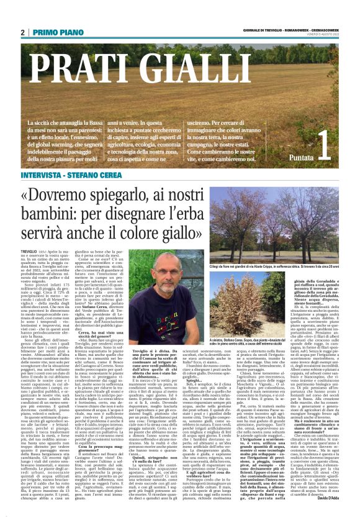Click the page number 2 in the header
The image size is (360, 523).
[23, 32]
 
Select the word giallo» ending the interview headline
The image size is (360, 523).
[194, 221]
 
